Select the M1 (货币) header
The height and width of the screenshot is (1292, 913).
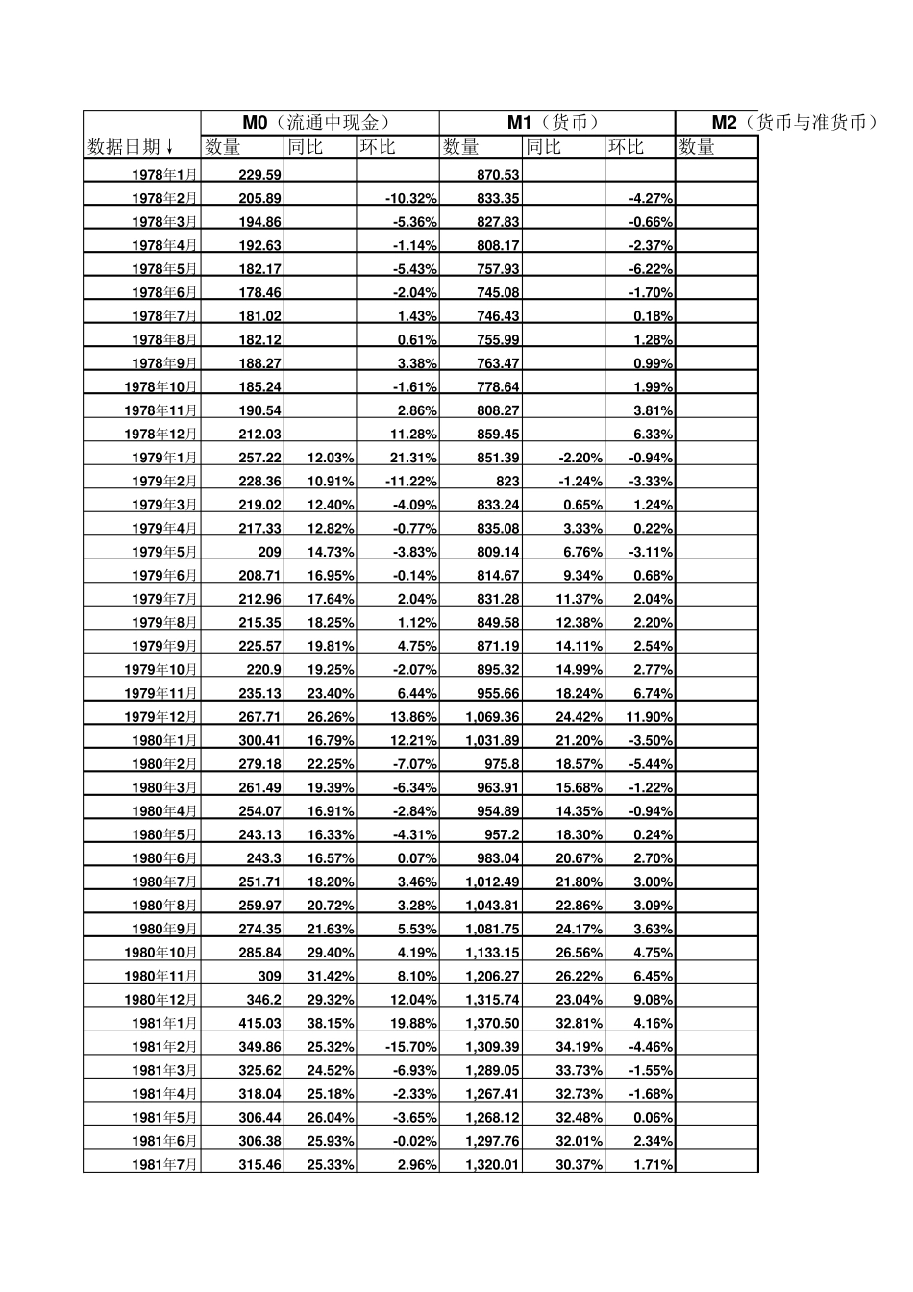[555, 122]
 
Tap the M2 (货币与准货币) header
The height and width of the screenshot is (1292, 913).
[794, 122]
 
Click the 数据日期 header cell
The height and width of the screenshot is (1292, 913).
[131, 146]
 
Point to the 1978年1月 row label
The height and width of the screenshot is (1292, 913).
[164, 174]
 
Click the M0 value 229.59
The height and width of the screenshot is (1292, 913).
[260, 174]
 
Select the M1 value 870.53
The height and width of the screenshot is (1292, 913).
[498, 174]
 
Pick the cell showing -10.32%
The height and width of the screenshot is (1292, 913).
[411, 198]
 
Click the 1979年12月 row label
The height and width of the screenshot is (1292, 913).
[160, 716]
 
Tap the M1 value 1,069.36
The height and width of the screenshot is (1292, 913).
[492, 716]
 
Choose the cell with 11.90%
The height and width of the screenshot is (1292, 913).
[649, 716]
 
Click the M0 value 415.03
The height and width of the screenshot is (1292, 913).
[260, 1023]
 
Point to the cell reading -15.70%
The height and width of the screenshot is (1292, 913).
[411, 1047]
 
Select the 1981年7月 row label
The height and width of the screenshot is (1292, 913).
[164, 1164]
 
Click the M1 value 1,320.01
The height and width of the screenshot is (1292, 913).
[492, 1164]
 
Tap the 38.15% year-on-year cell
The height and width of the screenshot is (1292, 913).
[331, 1023]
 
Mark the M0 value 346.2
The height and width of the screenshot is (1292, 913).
[263, 1000]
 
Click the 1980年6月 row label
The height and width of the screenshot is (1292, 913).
[164, 858]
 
